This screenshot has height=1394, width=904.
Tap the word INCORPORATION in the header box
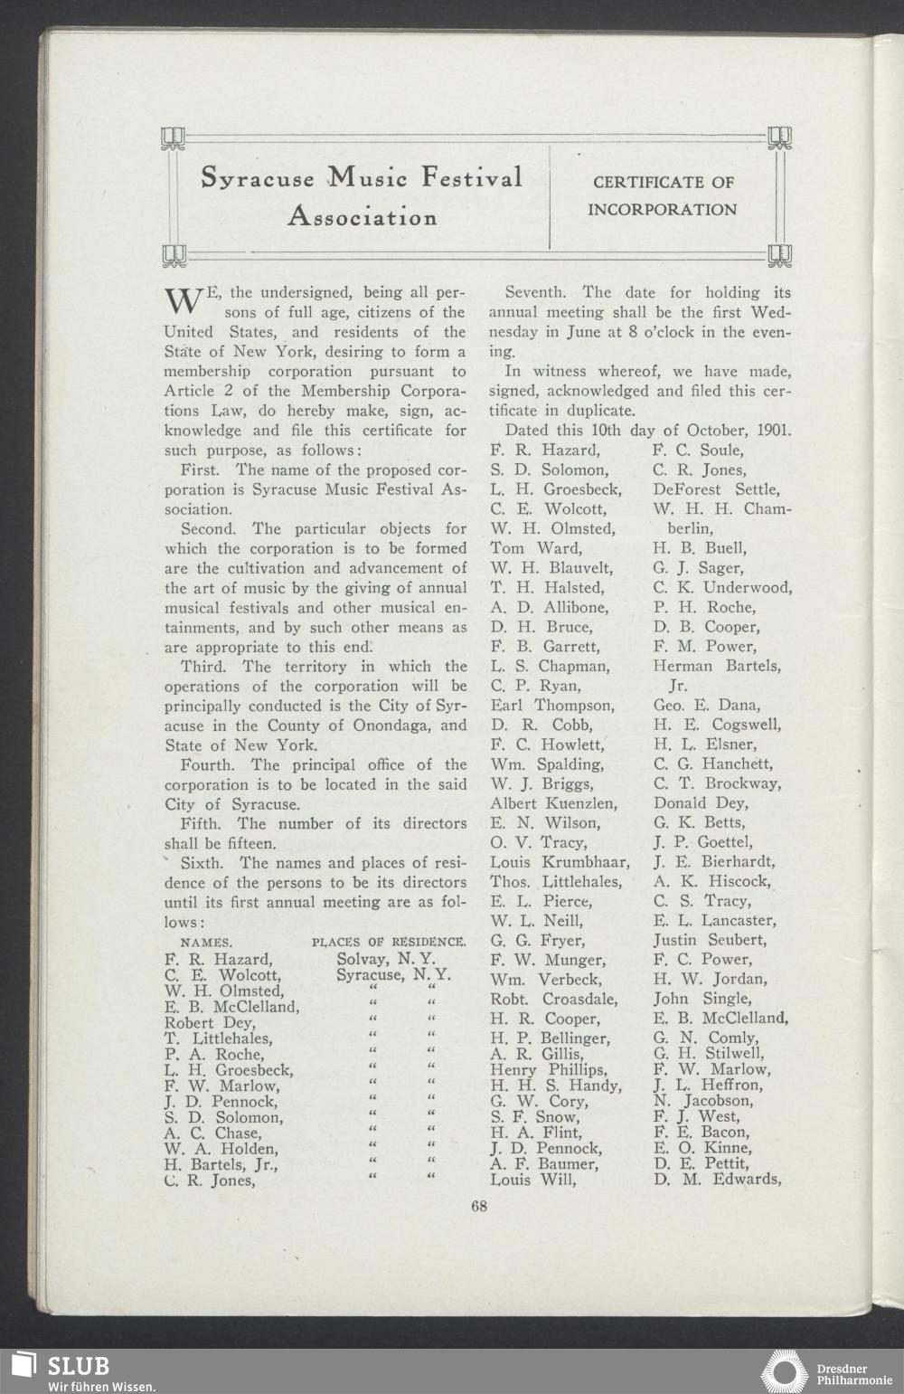click(662, 210)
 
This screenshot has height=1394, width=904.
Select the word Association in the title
click(363, 217)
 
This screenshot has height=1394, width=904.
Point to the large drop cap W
click(184, 300)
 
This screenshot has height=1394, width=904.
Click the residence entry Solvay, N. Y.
click(386, 959)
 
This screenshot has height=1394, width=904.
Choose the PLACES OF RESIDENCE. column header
click(389, 943)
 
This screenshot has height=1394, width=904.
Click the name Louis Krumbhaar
click(560, 862)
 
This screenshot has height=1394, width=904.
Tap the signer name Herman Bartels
click(717, 666)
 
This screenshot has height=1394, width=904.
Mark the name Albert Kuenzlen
click(554, 803)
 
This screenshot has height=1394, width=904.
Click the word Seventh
click(536, 293)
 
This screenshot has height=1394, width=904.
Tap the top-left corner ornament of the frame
click(173, 138)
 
